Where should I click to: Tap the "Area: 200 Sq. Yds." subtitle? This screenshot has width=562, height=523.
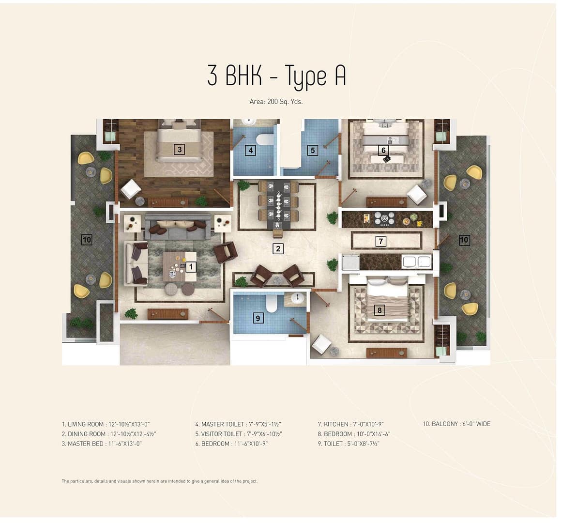tap(276, 102)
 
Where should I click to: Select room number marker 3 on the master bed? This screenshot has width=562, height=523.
tap(179, 149)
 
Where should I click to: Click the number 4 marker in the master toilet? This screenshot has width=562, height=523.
tap(251, 150)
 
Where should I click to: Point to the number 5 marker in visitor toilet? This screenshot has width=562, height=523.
tap(313, 150)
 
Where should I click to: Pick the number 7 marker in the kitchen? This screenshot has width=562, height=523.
tap(380, 241)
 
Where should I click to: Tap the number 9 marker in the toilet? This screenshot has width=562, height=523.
tap(258, 318)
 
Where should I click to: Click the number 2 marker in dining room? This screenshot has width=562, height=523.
tap(278, 249)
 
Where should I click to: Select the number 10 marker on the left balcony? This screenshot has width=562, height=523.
tap(87, 239)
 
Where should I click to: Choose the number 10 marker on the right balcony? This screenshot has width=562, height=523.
tap(464, 240)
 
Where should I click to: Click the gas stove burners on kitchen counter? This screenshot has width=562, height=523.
tap(384, 219)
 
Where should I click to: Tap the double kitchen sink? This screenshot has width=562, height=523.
tap(416, 261)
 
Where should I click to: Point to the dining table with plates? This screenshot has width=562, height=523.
tap(278, 206)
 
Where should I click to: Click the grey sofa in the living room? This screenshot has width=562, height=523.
tap(178, 227)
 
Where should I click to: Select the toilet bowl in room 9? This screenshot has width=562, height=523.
tap(272, 304)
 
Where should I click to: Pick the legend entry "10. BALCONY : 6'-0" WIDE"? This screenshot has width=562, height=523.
tap(456, 424)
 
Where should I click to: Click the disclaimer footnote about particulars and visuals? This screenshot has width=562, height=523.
tap(159, 481)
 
